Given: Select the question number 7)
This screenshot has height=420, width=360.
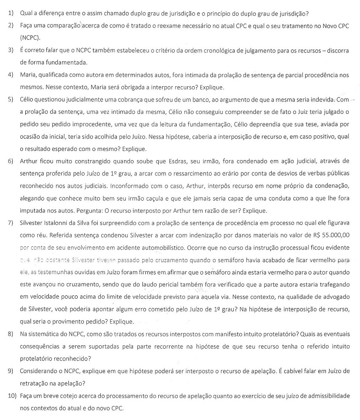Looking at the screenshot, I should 11,223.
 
